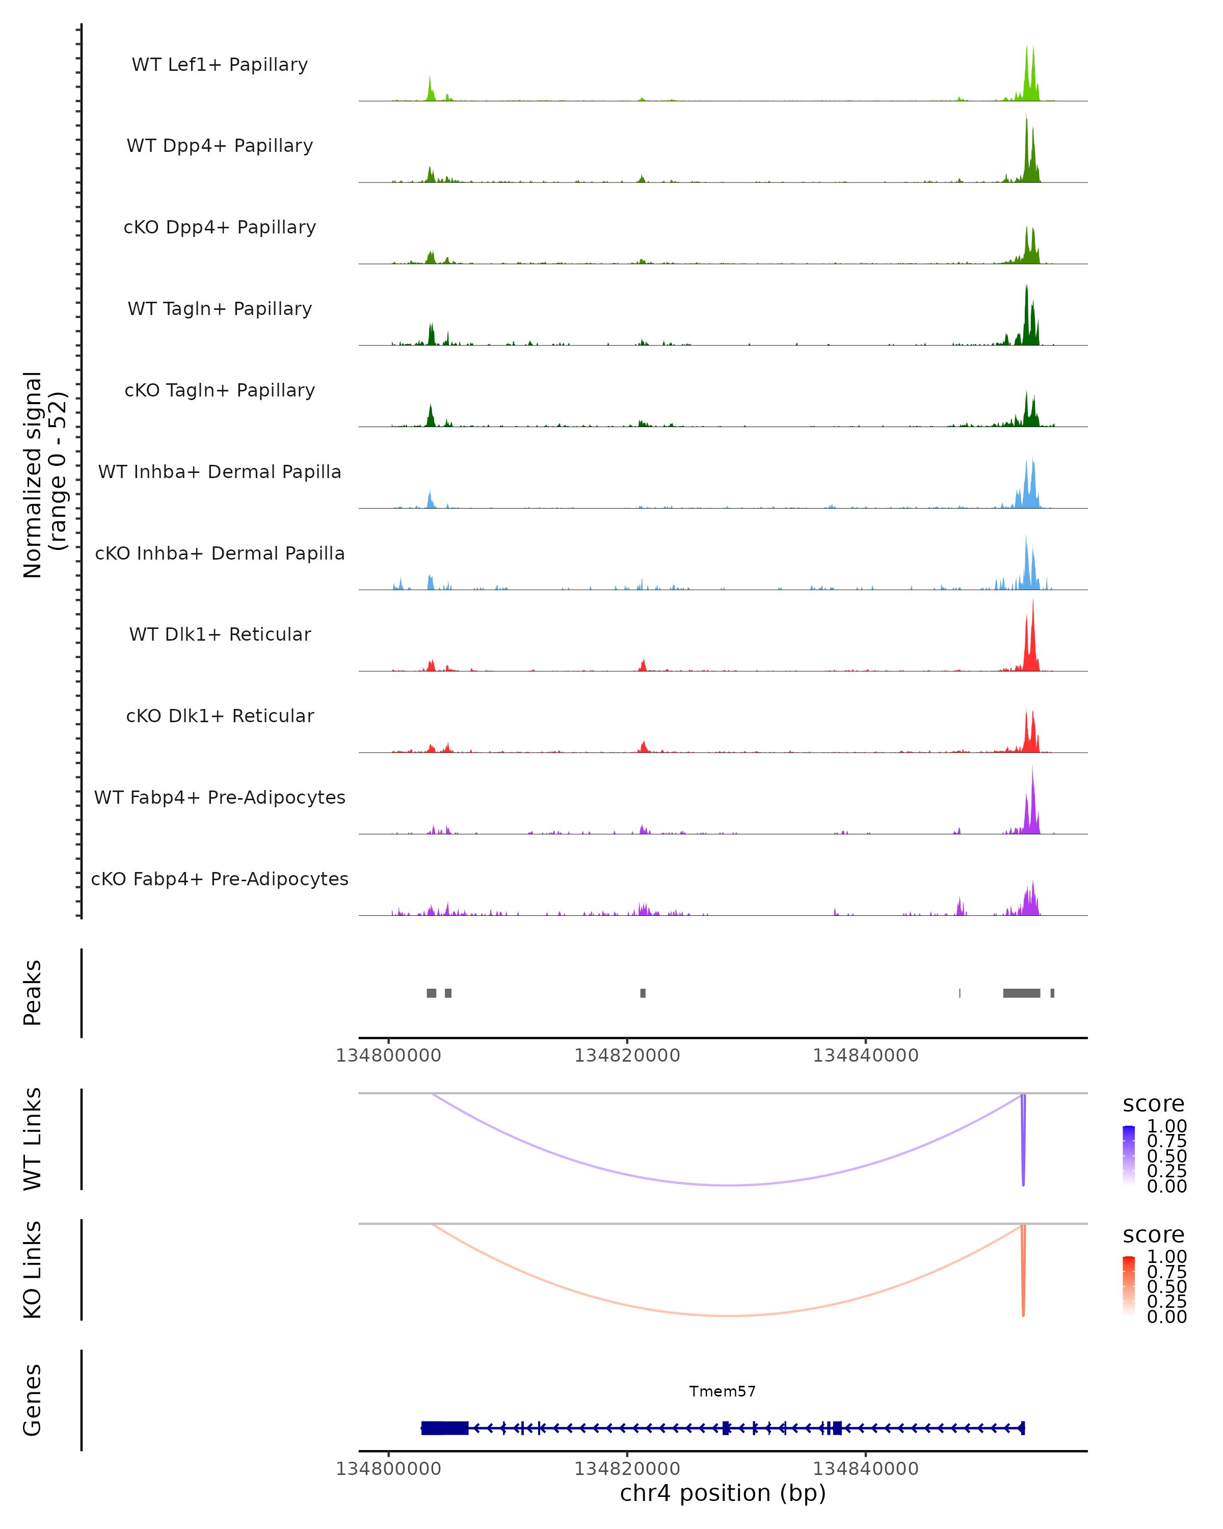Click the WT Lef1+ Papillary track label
(220, 65)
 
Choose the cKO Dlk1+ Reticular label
(220, 716)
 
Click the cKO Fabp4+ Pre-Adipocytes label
(220, 879)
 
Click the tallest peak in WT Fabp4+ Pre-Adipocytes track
(1033, 780)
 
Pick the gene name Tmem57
(723, 1391)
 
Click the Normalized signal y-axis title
(44, 474)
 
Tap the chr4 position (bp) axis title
(723, 1493)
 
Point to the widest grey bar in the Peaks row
(1022, 993)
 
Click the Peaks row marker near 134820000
(643, 993)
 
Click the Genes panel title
(33, 1400)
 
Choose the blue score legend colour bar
(1129, 1155)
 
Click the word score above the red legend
(1154, 1235)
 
